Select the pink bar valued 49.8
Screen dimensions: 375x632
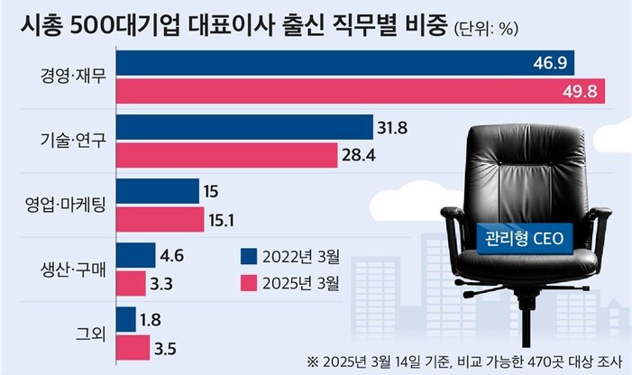click(361, 91)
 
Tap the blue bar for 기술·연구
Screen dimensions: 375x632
click(244, 127)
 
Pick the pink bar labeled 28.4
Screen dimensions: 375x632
click(226, 156)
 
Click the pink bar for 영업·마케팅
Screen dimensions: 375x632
click(161, 220)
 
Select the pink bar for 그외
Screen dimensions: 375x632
click(133, 346)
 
